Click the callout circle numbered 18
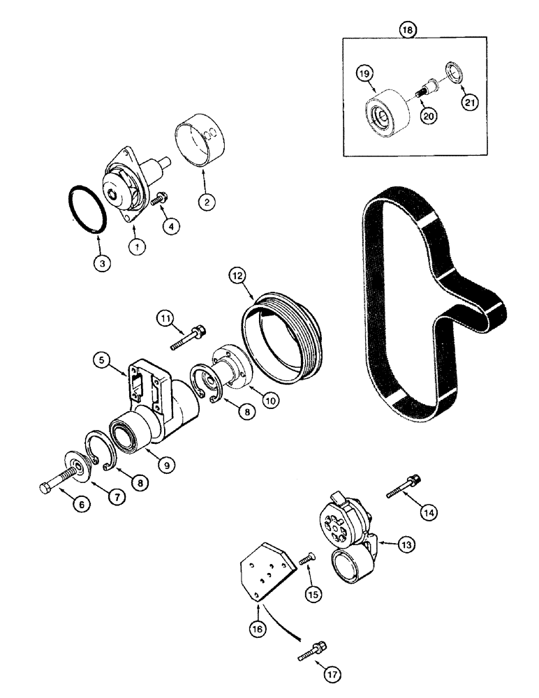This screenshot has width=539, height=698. click(x=406, y=30)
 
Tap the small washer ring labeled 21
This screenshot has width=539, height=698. click(x=453, y=72)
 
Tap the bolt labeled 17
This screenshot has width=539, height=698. click(x=311, y=651)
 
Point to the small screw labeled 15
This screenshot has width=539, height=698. click(x=308, y=558)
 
